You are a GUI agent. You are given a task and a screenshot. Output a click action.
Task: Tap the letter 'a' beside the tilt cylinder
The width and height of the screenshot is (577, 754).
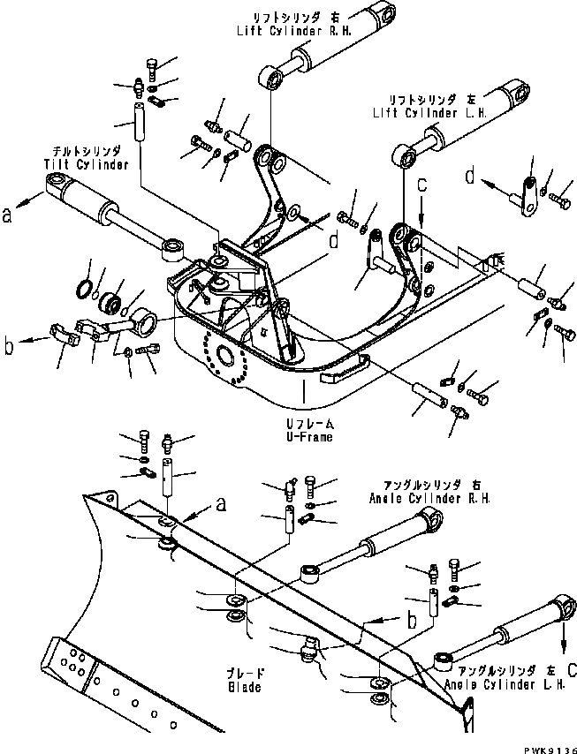tap(9, 212)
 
